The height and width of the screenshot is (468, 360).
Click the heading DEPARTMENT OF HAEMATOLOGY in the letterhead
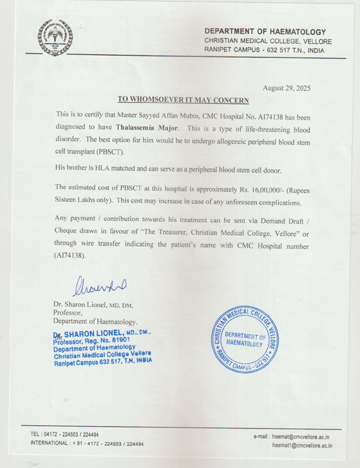click(x=265, y=31)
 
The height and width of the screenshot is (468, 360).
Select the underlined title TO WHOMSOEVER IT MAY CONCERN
click(x=182, y=99)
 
